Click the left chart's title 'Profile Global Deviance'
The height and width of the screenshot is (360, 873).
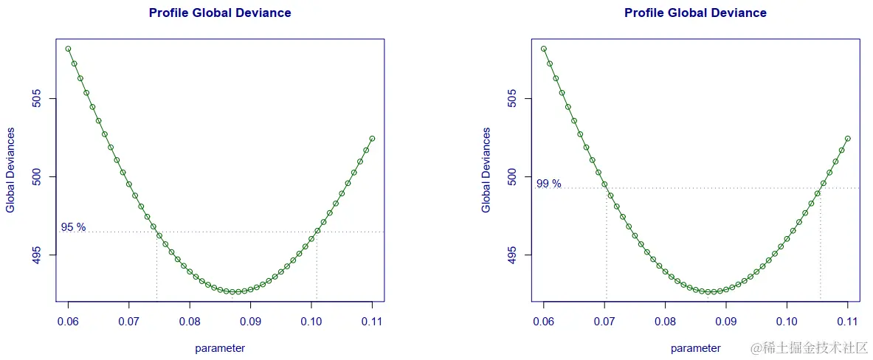(x=220, y=13)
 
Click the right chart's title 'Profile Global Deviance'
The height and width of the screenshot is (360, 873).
(x=695, y=13)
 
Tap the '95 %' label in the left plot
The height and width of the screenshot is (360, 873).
(x=73, y=227)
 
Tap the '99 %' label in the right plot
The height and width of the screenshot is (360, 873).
(x=548, y=184)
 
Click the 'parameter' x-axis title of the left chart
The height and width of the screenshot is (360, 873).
(x=220, y=348)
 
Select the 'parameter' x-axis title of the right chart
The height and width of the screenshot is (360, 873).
(x=695, y=348)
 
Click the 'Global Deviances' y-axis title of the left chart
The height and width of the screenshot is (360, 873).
(x=10, y=170)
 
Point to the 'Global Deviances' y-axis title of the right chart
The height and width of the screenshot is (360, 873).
(x=486, y=170)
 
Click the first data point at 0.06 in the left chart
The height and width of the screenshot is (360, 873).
(x=68, y=49)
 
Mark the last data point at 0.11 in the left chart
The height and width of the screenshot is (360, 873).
(x=372, y=138)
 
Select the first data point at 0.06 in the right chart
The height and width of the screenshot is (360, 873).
(x=544, y=49)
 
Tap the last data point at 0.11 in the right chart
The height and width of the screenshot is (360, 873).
(x=848, y=138)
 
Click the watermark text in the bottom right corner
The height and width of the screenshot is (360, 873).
(x=809, y=347)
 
